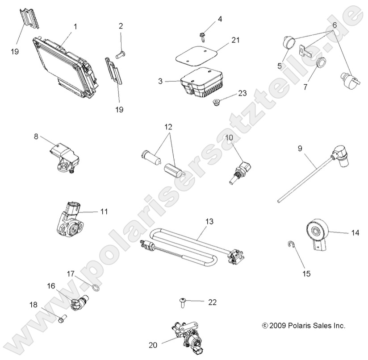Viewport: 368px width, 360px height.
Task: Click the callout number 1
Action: click(75, 26)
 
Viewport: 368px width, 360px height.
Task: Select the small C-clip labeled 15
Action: click(290, 244)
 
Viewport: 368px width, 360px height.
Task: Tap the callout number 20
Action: click(153, 344)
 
